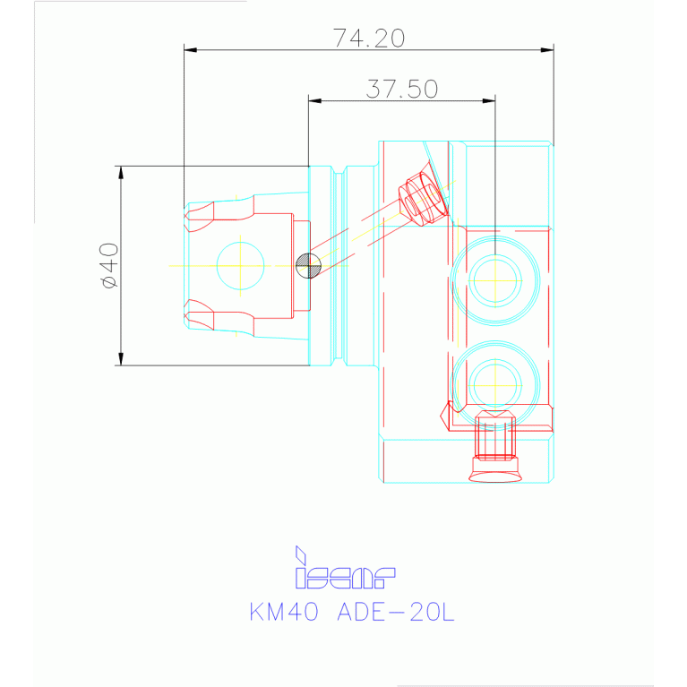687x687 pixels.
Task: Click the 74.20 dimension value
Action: click(368, 38)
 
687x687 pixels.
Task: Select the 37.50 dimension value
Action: click(401, 89)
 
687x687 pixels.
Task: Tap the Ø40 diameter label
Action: click(108, 265)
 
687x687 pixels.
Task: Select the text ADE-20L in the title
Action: click(395, 613)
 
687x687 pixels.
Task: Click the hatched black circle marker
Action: click(307, 265)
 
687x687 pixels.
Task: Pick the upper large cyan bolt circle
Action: click(495, 279)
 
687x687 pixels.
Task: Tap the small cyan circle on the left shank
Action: click(240, 264)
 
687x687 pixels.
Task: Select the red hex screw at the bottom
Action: click(494, 434)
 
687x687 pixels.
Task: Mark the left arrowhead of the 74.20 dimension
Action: click(188, 50)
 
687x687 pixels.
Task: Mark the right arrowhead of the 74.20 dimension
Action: click(549, 50)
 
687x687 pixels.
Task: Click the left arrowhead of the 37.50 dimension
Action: click(313, 100)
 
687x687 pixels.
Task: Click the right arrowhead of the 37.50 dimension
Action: click(491, 100)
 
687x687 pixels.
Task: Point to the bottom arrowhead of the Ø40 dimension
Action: click(120, 361)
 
